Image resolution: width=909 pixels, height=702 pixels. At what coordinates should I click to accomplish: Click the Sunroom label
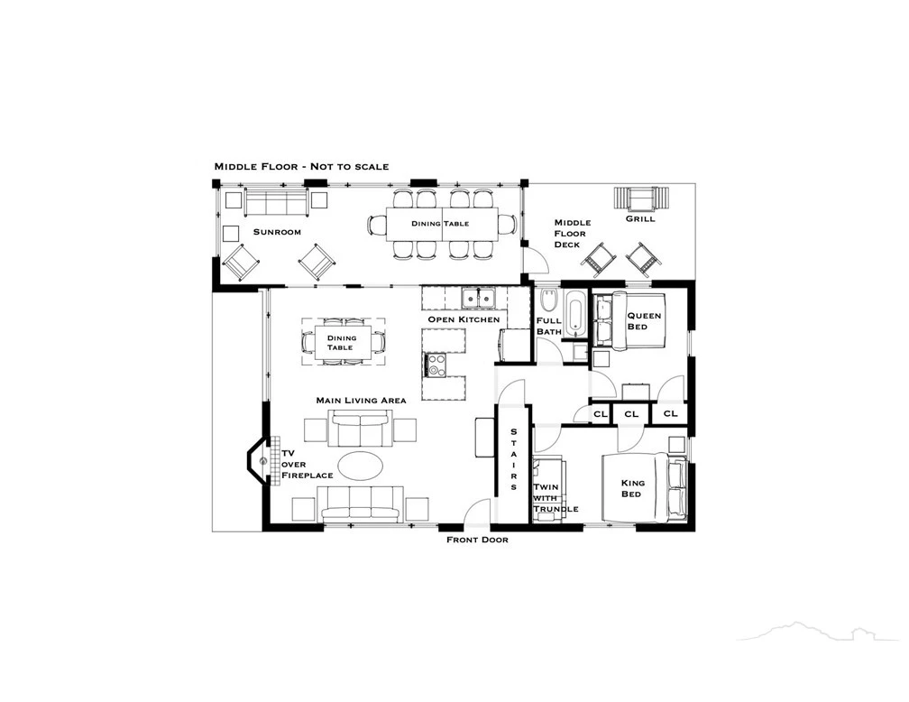pyautogui.click(x=277, y=232)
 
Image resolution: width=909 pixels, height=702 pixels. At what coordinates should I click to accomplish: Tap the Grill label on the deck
pyautogui.click(x=640, y=218)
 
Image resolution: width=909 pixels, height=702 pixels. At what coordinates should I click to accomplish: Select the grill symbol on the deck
pyautogui.click(x=641, y=199)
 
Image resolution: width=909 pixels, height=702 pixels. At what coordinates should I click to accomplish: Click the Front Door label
pyautogui.click(x=477, y=540)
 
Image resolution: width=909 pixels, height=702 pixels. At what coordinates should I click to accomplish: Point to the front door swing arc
pyautogui.click(x=476, y=506)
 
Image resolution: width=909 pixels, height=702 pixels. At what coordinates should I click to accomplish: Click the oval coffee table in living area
pyautogui.click(x=360, y=466)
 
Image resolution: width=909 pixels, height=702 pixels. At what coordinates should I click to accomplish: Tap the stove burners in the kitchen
pyautogui.click(x=436, y=365)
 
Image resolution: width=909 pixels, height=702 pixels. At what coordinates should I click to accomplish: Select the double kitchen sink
pyautogui.click(x=478, y=299)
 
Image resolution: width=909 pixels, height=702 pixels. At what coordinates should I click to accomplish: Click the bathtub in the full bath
pyautogui.click(x=575, y=314)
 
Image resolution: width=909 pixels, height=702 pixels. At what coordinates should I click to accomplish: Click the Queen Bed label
pyautogui.click(x=644, y=321)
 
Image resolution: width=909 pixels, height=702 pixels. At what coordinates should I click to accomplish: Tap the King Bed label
pyautogui.click(x=632, y=488)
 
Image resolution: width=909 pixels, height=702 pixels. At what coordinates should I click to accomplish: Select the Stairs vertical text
pyautogui.click(x=514, y=459)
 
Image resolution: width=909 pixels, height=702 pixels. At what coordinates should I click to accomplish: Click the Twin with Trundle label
pyautogui.click(x=555, y=498)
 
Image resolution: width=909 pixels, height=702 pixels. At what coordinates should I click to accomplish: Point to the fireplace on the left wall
pyautogui.click(x=259, y=462)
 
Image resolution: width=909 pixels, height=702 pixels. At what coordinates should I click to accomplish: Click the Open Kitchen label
pyautogui.click(x=464, y=319)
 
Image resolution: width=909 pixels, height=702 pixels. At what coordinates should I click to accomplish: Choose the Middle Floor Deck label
pyautogui.click(x=572, y=233)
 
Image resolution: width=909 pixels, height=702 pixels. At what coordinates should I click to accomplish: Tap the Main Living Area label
pyautogui.click(x=361, y=401)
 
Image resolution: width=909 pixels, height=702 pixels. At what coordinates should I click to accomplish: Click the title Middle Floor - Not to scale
pyautogui.click(x=301, y=167)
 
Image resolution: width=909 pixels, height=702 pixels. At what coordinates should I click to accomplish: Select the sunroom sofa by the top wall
pyautogui.click(x=275, y=201)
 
